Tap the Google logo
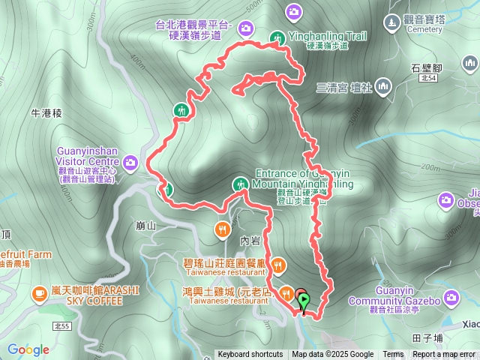pos(28,349)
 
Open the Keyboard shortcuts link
pos(250,355)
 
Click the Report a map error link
pos(444,355)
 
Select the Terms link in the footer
pos(393,355)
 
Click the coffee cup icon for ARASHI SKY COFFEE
pos(38,295)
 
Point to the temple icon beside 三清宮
pos(384,87)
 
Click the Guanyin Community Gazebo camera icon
pos(451,298)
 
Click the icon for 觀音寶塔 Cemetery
pos(391,22)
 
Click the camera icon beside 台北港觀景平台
pos(246,28)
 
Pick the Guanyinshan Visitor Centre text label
pos(87,160)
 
